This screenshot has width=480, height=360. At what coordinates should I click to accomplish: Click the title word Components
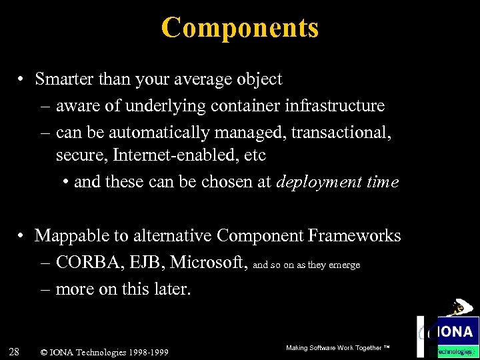click(x=239, y=28)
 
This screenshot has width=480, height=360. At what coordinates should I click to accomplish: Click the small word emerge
click(x=345, y=265)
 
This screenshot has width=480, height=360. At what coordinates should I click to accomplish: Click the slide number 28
click(x=15, y=351)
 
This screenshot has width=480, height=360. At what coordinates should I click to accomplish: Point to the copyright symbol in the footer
click(x=44, y=352)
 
